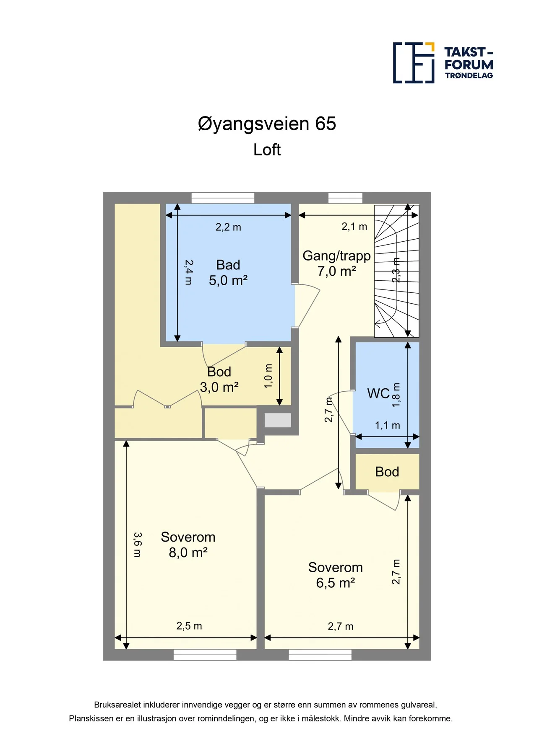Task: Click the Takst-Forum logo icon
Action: (414, 63)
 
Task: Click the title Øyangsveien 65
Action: (267, 124)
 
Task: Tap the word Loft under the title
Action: (267, 150)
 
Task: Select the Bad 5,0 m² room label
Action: (228, 273)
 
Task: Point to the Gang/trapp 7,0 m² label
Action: (336, 263)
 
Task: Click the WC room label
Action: (378, 393)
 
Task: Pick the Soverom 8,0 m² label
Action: (188, 545)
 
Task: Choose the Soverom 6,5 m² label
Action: (336, 575)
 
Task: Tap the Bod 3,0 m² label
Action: (219, 380)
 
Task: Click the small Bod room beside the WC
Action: (387, 472)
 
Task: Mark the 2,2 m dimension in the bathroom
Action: (228, 227)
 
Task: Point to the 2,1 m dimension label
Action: (354, 227)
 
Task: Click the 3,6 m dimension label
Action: (138, 545)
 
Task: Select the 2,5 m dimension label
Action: (189, 626)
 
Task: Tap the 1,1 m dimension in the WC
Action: (387, 426)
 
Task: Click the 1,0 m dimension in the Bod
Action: (268, 376)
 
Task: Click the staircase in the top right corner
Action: (396, 271)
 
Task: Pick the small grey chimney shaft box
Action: (278, 420)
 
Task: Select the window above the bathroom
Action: (223, 198)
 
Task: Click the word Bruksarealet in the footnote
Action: (117, 705)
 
